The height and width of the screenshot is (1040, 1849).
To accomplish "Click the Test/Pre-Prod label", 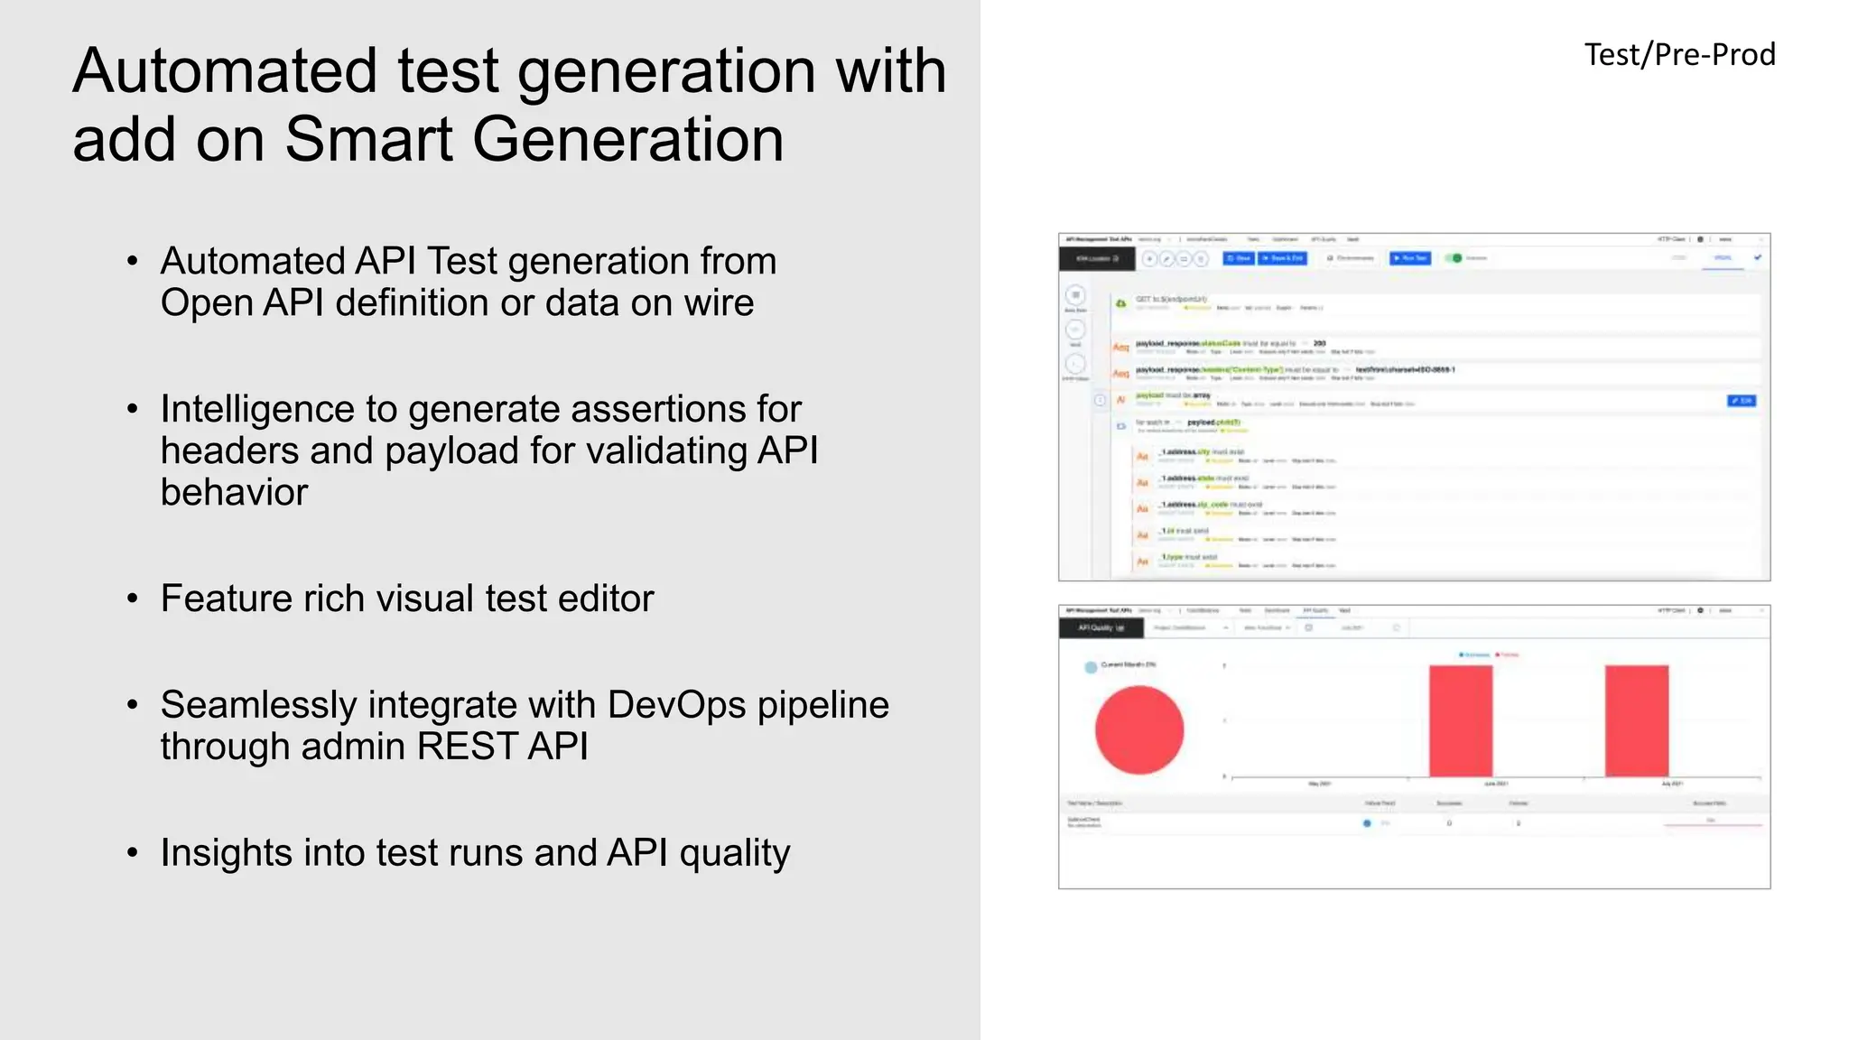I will point(1679,55).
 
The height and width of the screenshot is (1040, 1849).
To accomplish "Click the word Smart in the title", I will point(368,140).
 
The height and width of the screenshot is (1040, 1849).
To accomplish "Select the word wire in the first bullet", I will point(718,302).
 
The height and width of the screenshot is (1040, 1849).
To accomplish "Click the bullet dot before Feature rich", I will point(133,599).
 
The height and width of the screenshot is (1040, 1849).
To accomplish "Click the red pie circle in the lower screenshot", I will point(1138,729).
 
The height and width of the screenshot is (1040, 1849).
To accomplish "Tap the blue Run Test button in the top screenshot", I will point(1409,258).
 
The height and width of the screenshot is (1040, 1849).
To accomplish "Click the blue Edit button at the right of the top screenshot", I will point(1741,401).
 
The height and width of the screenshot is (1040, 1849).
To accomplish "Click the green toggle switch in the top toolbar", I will point(1454,258).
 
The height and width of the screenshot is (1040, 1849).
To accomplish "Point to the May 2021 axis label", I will point(1319,784).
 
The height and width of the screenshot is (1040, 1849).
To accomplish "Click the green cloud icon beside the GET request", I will point(1120,303).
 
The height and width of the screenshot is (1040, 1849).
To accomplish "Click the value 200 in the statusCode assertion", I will point(1319,344).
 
